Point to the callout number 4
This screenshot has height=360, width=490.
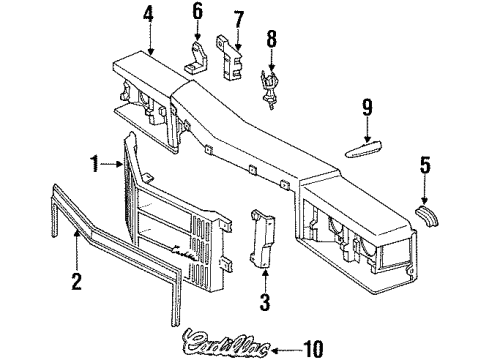coord(148,16)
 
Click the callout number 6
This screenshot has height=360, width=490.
coord(197,13)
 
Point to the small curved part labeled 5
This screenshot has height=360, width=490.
coord(427,211)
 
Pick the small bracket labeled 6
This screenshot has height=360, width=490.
coord(197,58)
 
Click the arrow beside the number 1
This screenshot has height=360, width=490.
coord(114,161)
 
